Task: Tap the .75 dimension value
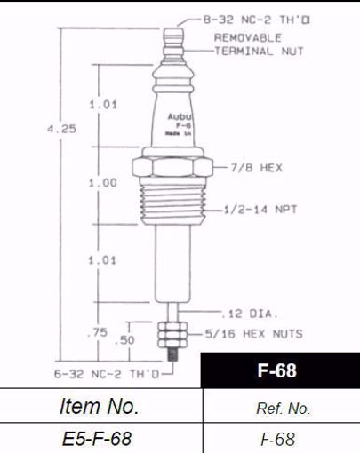click(103, 332)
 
